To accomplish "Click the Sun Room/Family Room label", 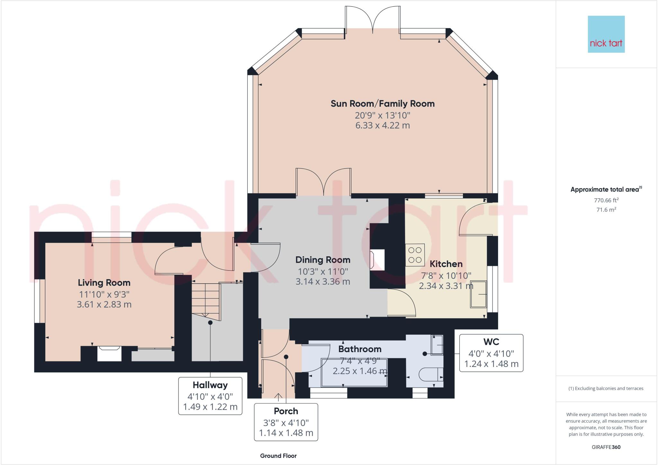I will click(382, 104).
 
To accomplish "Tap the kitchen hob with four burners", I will click(415, 255).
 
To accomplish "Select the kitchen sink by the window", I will click(479, 294).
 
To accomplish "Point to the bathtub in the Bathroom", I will click(354, 372).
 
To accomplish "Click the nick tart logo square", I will click(606, 34).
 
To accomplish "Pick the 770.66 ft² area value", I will click(606, 200).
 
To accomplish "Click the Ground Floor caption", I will click(278, 456).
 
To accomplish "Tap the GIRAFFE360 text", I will click(606, 447).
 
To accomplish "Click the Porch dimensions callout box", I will click(286, 422).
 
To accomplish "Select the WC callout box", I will click(491, 353).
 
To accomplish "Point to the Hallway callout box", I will click(210, 396).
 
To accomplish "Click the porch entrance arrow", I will click(278, 397).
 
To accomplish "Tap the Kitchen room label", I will click(446, 264).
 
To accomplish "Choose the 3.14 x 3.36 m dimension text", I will click(323, 282).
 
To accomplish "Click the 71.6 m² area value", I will click(606, 210).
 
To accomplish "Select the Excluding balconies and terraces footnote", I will click(606, 388).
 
